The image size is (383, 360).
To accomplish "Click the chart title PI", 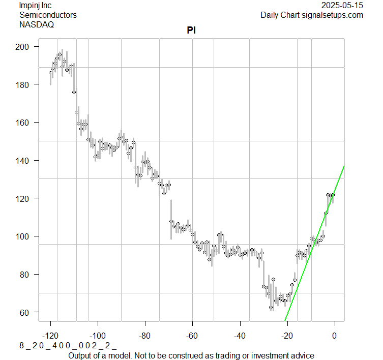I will click(x=192, y=30).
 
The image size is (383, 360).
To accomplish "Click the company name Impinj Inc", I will click(x=38, y=6).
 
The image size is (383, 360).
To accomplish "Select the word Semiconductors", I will click(x=48, y=15).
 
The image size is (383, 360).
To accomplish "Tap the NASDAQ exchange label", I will click(x=37, y=24).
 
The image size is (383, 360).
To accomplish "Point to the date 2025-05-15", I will click(x=342, y=6).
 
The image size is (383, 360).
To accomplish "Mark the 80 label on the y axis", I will click(x=26, y=275).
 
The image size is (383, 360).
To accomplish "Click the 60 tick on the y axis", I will click(x=26, y=312).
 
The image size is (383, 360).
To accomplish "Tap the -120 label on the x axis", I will click(x=50, y=335).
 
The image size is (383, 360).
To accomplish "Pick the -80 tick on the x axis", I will click(x=145, y=335).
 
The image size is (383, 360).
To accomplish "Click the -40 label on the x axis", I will click(x=240, y=335).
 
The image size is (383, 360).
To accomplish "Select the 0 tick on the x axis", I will click(x=334, y=335).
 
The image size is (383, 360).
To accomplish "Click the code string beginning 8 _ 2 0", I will click(x=68, y=346).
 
